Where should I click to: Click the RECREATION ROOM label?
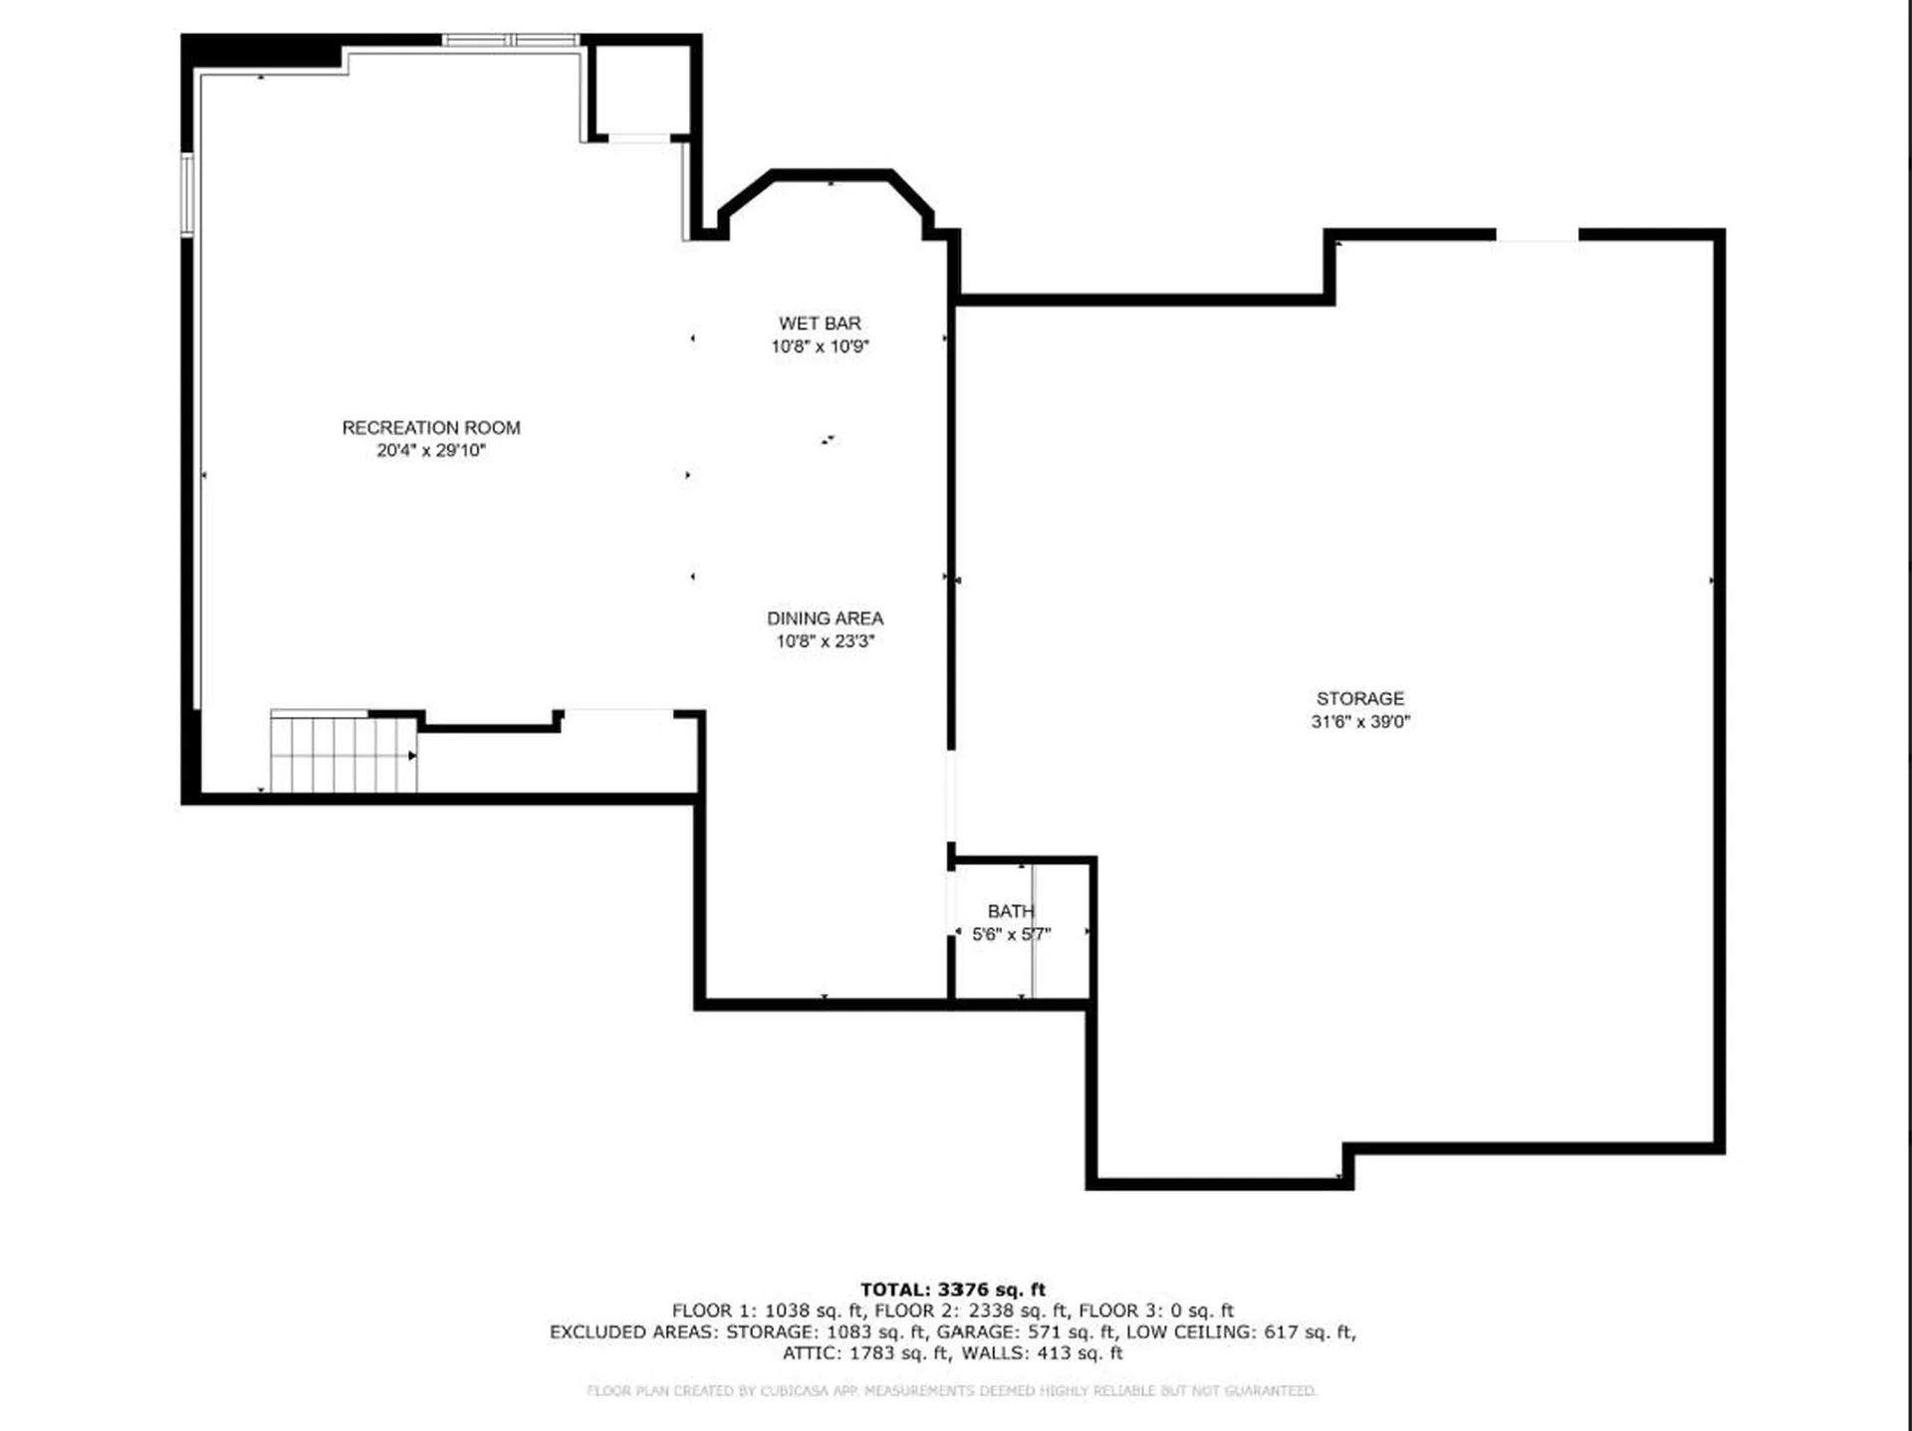tap(431, 427)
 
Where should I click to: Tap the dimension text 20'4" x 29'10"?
tap(431, 451)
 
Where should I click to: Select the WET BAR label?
tap(820, 324)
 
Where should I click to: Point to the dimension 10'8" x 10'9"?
tap(820, 347)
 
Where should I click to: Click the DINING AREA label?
tap(825, 618)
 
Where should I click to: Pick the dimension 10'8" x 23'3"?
tap(825, 641)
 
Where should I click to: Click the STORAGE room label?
tap(1359, 699)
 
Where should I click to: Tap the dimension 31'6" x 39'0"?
tap(1359, 722)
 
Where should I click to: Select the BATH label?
tap(1010, 911)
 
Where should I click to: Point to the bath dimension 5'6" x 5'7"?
tap(1011, 934)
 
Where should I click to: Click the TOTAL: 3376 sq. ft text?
tap(952, 1290)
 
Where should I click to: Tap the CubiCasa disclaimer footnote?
tap(951, 1390)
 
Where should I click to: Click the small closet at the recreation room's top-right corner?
tap(640, 90)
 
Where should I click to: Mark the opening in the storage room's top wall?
tap(1537, 235)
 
